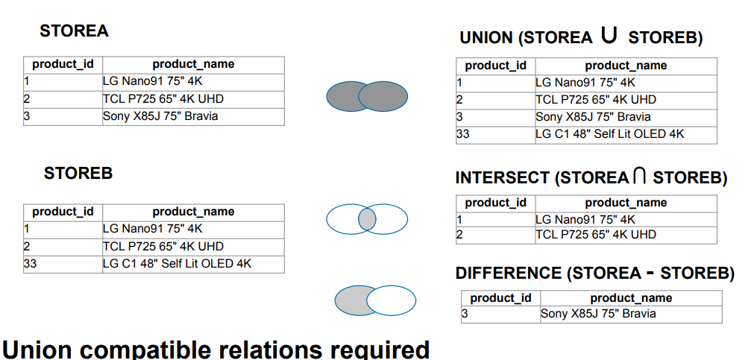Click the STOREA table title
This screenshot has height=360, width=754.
click(74, 31)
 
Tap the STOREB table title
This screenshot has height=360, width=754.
click(78, 173)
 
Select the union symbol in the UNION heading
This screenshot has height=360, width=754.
click(609, 35)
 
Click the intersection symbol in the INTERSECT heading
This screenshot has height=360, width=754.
click(639, 175)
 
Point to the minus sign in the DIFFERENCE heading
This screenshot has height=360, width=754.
click(650, 273)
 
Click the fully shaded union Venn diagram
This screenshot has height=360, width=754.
click(367, 97)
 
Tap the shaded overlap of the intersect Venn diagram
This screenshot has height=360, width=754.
click(367, 219)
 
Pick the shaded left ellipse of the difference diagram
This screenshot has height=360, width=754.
click(354, 300)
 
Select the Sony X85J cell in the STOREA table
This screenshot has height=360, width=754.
click(193, 117)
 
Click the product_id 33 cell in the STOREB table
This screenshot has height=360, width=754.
click(63, 265)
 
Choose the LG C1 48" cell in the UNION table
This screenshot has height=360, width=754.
click(626, 135)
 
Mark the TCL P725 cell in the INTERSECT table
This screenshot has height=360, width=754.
click(626, 235)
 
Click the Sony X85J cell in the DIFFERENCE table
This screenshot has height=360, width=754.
click(632, 315)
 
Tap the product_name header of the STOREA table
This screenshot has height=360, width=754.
click(193, 64)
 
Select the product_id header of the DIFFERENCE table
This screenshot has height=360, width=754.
click(500, 298)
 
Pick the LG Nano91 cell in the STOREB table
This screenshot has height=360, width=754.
click(193, 230)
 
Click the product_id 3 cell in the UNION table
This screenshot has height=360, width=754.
click(496, 118)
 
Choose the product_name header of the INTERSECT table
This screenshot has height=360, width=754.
click(626, 203)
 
